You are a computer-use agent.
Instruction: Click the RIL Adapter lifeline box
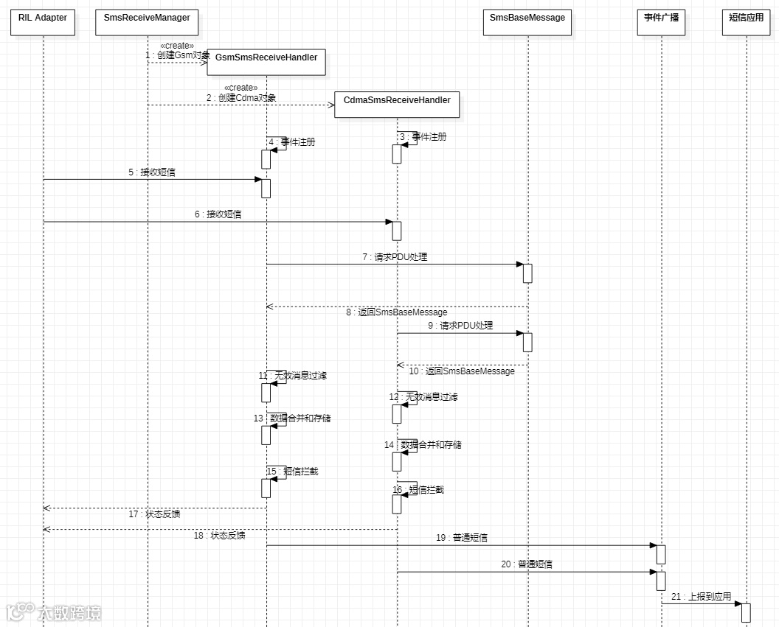pyautogui.click(x=43, y=23)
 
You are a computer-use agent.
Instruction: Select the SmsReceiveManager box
pyautogui.click(x=148, y=23)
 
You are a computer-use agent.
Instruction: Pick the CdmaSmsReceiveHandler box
pyautogui.click(x=397, y=105)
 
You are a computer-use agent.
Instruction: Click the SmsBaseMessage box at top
pyautogui.click(x=527, y=23)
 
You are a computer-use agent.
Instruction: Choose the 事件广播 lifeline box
pyautogui.click(x=661, y=23)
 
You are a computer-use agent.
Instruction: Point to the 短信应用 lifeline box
pyautogui.click(x=746, y=23)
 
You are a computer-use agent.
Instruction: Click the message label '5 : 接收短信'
pyautogui.click(x=152, y=172)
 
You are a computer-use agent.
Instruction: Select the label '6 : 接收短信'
pyautogui.click(x=218, y=214)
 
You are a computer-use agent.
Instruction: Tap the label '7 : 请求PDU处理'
pyautogui.click(x=395, y=257)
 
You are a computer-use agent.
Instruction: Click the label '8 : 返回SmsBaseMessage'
pyautogui.click(x=396, y=312)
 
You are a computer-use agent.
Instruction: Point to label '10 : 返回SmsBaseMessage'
pyautogui.click(x=462, y=371)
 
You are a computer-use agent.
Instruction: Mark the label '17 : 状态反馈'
pyautogui.click(x=154, y=514)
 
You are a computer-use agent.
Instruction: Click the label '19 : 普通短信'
pyautogui.click(x=461, y=538)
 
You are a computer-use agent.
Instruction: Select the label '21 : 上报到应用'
pyautogui.click(x=701, y=596)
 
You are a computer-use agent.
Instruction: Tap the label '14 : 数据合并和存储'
pyautogui.click(x=423, y=445)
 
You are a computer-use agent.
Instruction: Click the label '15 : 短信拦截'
pyautogui.click(x=293, y=471)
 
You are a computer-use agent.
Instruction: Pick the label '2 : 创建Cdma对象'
pyautogui.click(x=241, y=97)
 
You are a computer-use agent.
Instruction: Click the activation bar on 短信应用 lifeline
pyautogui.click(x=746, y=612)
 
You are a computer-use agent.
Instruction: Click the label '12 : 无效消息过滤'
pyautogui.click(x=423, y=397)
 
